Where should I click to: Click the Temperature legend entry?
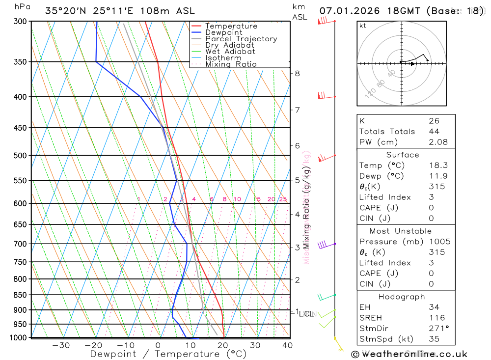click(231, 26)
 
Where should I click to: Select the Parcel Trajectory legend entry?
click(241, 39)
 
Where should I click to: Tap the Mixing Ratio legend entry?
click(231, 64)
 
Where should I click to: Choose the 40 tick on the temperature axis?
click(287, 345)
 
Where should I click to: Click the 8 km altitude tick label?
click(297, 74)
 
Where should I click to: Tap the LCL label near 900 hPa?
click(306, 314)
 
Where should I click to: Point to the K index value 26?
click(434, 121)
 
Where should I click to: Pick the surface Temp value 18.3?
click(438, 166)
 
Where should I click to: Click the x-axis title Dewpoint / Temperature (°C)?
click(168, 354)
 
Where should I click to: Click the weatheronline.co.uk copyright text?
click(409, 354)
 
